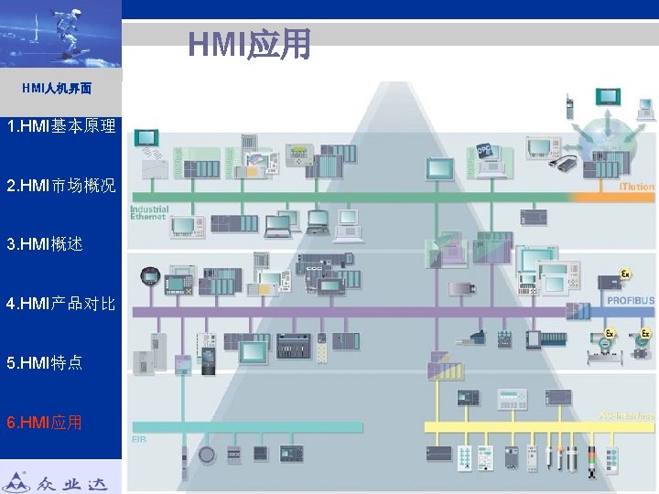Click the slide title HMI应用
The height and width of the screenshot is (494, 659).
click(250, 43)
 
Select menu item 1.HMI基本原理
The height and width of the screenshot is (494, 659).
click(60, 126)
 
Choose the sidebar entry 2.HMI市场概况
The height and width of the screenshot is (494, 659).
click(60, 186)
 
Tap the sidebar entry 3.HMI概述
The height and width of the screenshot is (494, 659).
click(45, 244)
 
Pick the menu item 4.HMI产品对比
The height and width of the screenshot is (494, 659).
click(60, 303)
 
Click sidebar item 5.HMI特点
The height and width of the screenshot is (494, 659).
click(45, 362)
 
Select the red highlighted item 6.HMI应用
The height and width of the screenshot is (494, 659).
click(45, 422)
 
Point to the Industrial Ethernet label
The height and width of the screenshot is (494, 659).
click(148, 212)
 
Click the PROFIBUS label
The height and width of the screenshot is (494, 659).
click(630, 300)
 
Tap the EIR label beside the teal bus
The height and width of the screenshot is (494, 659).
click(139, 439)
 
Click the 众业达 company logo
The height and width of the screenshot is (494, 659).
click(60, 478)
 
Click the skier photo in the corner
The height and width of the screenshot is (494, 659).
click(60, 34)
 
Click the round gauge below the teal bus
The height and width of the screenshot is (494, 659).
click(207, 455)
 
